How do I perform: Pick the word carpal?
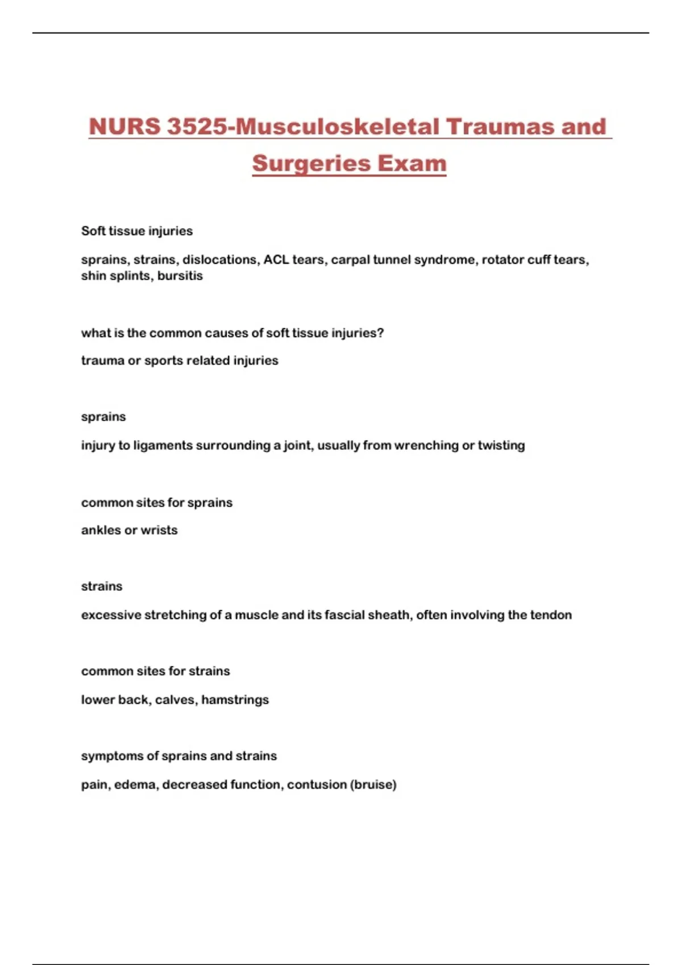point(350,259)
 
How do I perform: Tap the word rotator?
point(502,259)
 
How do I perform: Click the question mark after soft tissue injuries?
point(381,333)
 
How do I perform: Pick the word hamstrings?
point(235,700)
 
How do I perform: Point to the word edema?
point(135,784)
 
